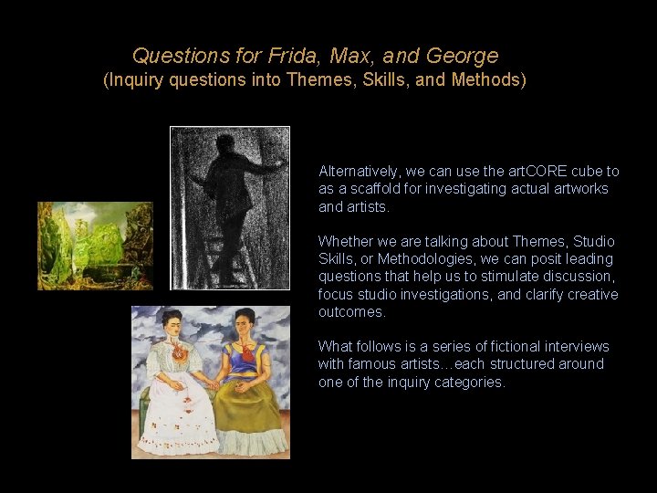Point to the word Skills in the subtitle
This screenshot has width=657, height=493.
coord(387,79)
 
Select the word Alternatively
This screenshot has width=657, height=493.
coord(360,171)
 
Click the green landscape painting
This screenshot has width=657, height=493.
coord(95,246)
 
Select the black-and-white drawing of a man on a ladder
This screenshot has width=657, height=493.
coord(230,207)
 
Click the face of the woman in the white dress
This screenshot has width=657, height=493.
coord(175,322)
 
